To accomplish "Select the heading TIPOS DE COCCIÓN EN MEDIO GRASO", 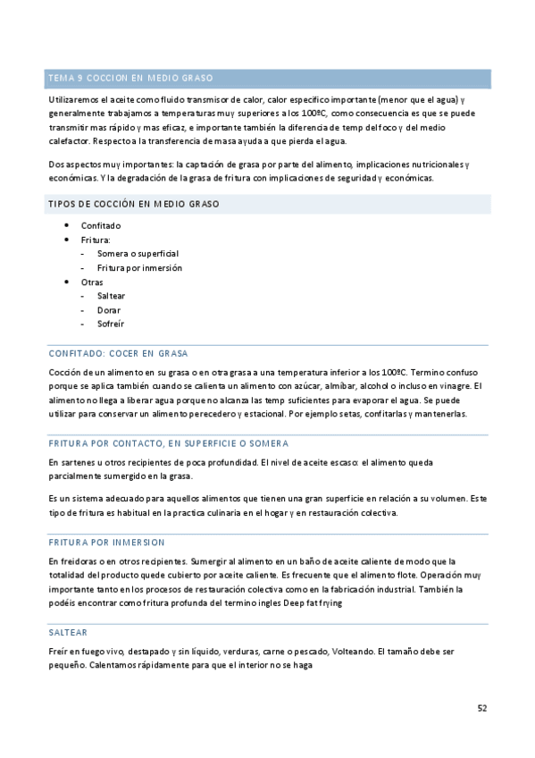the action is tap(134, 205).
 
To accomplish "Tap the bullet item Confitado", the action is tap(101, 226).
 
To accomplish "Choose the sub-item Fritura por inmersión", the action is tap(139, 268).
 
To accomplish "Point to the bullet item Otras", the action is tap(92, 282).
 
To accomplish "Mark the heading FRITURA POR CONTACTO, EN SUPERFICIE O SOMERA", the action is tap(168, 443).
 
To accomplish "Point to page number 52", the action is tap(481, 708).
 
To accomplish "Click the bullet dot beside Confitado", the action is tap(67, 226).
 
